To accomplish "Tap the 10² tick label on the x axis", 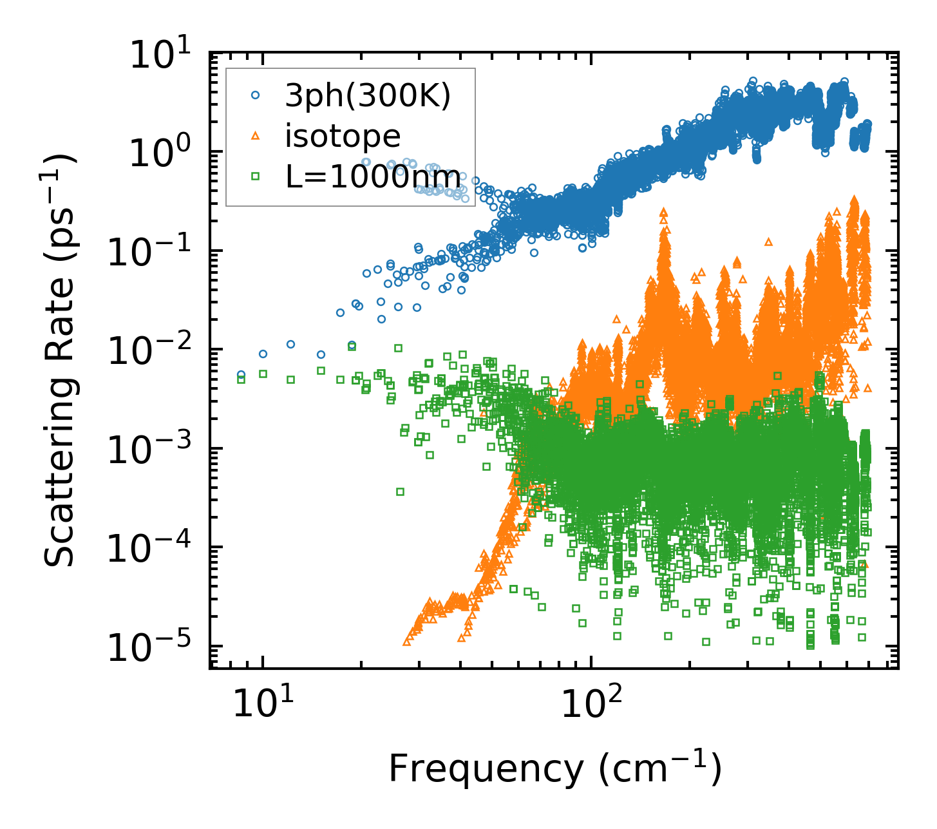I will [x=591, y=704].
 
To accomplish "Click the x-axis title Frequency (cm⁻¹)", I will [x=554, y=768].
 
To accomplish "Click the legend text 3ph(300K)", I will [x=368, y=96].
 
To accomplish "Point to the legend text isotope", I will [x=343, y=136].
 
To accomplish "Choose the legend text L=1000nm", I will [x=373, y=176].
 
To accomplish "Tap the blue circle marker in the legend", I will [x=256, y=95].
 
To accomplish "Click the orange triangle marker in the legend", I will [x=256, y=135].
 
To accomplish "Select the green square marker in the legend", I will [x=256, y=176].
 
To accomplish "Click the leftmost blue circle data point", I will [x=241, y=374].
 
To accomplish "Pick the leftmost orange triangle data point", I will [x=406, y=642].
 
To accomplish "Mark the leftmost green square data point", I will [x=241, y=379].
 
